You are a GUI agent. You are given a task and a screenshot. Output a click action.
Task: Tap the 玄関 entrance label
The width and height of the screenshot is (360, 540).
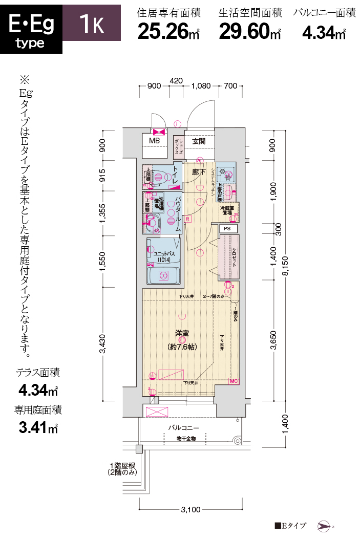tap(199, 141)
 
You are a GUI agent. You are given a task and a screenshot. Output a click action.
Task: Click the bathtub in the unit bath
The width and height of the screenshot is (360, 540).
tap(163, 276)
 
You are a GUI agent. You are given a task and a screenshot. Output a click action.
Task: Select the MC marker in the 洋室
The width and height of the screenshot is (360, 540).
tap(234, 381)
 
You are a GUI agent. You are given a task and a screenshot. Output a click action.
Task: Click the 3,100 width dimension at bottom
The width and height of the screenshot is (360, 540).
tap(190, 509)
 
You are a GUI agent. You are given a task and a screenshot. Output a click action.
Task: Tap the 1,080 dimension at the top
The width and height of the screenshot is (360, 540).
tap(201, 86)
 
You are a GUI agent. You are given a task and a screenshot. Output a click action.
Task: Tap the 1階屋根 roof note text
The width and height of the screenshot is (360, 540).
tap(121, 469)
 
